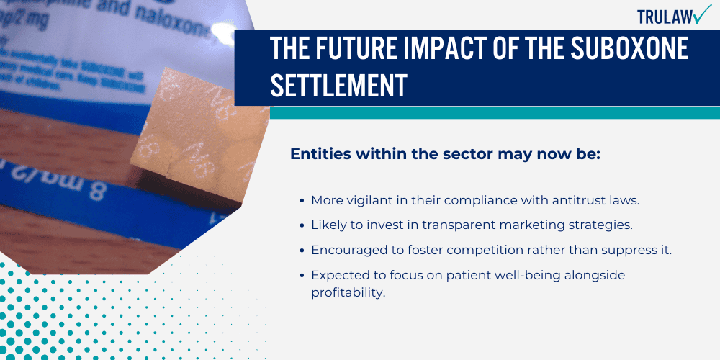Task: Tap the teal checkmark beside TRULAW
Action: [x=702, y=14]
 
